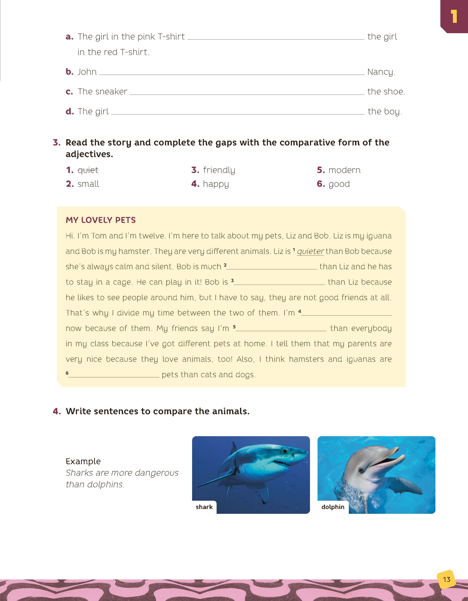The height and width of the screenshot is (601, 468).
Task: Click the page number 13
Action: pos(447,579)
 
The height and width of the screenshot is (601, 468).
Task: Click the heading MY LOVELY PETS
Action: pos(101,220)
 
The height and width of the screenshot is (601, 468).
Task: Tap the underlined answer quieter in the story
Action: pos(311,251)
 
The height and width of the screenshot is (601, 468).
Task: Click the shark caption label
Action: pos(204,507)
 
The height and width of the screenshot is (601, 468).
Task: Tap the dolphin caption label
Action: pos(333,507)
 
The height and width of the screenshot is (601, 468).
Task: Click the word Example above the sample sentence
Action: pos(83,461)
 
